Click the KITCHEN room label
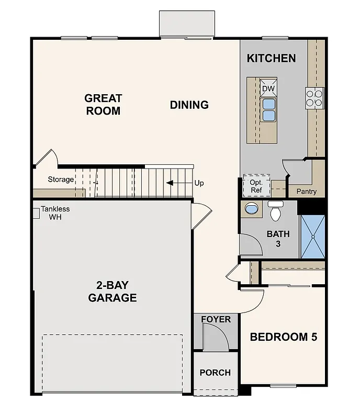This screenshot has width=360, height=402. tap(271, 58)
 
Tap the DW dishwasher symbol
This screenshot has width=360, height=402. tap(268, 88)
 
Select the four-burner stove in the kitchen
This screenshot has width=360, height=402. tap(314, 98)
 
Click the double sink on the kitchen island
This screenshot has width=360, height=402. tap(268, 109)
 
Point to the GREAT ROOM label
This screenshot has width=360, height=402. tap(103, 104)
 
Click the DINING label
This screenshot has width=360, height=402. tap(189, 105)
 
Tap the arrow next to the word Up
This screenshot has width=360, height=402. tap(173, 183)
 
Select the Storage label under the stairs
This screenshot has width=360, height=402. tap(61, 180)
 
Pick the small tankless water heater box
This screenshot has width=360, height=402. tap(36, 213)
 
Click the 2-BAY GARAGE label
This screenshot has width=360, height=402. tap(112, 292)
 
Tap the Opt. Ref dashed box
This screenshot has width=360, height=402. tap(256, 186)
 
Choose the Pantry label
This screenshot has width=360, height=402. tap(306, 192)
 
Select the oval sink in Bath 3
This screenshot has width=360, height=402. tap(252, 209)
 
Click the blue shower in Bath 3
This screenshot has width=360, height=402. tap(312, 236)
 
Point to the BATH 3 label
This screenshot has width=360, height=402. tap(278, 239)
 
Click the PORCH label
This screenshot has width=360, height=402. tap(215, 373)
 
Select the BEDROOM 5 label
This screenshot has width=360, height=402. tap(283, 337)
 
